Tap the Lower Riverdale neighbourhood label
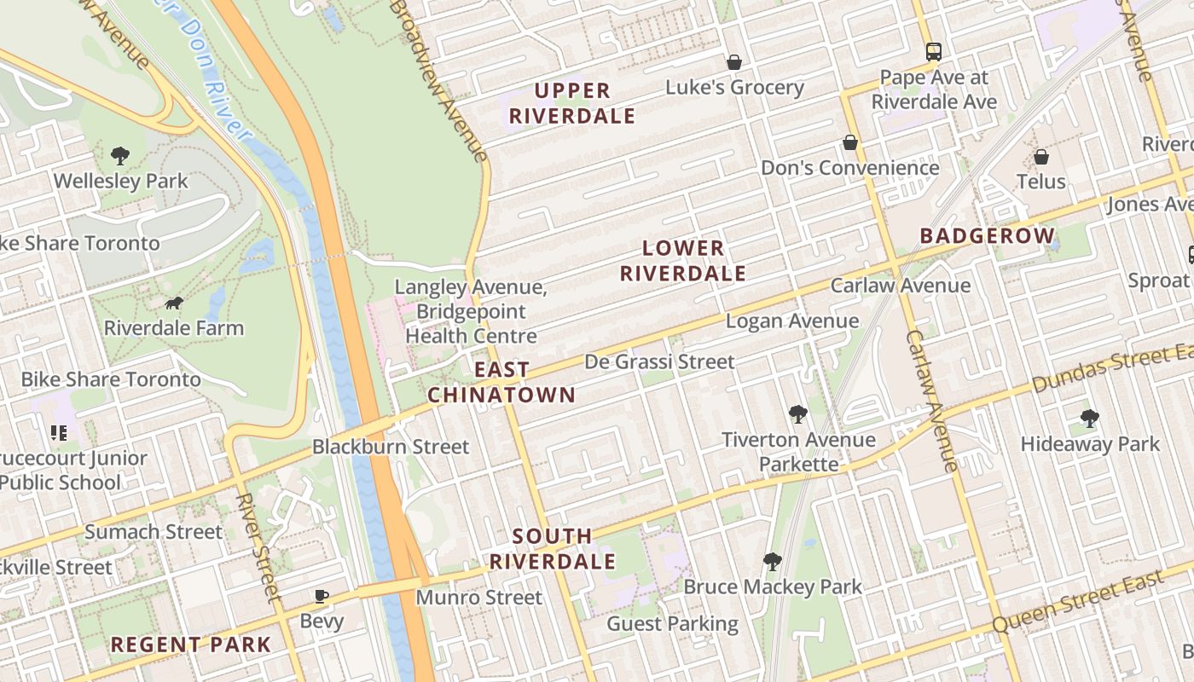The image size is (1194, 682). pos(682,261)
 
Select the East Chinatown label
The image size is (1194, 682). pos(501,382)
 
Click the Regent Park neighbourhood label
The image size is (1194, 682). pos(191,644)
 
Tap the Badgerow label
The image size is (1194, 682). pos(987,235)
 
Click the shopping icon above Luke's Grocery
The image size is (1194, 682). pos(733,62)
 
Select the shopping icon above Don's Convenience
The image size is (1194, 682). pos(849,142)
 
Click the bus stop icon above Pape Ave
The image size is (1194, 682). pos(934,51)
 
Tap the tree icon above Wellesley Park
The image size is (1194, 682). pos(120,156)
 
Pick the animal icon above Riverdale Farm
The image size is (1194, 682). pos(174,303)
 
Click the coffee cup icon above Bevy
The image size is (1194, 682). pos(322,596)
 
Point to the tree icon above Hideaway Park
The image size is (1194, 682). pos(1089,418)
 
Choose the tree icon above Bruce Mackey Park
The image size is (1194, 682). pos(773,561)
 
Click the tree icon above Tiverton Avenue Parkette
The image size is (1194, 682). pos(798,414)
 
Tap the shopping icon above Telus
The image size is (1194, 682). pos(1040,157)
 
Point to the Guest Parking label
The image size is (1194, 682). pos(672,624)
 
